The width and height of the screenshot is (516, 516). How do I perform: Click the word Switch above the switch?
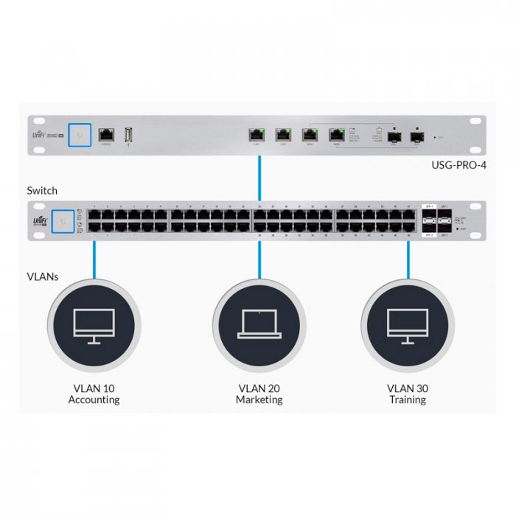tap(42, 190)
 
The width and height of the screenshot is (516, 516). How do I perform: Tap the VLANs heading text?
tap(43, 277)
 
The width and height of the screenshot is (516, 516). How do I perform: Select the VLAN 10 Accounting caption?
tap(94, 394)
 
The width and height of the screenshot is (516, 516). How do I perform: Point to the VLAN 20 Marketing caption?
tap(259, 394)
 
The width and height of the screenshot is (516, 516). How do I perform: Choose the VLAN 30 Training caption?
tap(408, 394)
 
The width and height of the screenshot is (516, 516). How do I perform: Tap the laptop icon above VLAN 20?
tap(259, 325)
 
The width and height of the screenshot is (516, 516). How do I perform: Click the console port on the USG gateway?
tap(107, 134)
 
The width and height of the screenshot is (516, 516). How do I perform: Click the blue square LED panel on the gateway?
tap(80, 134)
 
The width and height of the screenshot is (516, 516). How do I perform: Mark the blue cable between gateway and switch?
tap(259, 177)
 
